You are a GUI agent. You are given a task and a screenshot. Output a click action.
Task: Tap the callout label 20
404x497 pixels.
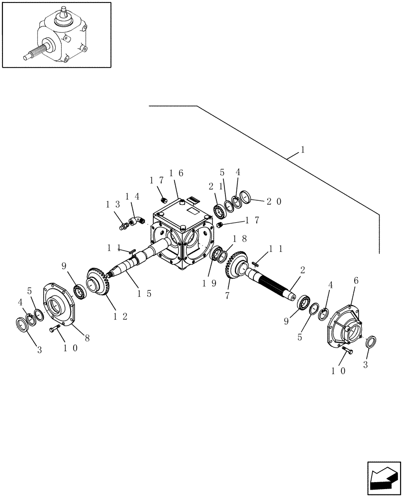[x=274, y=201]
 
